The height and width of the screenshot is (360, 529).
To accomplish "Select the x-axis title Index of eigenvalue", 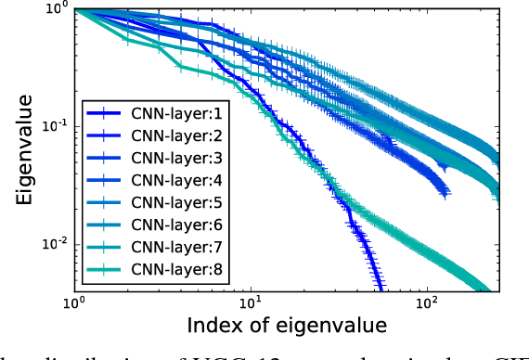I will coord(287,326).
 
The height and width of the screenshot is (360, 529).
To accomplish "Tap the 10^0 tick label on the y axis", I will coord(54,10).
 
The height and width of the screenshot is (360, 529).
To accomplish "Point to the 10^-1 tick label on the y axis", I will coord(51,127).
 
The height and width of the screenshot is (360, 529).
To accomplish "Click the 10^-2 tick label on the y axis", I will coord(51,244).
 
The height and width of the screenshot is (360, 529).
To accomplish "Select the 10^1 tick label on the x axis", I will coord(251,303).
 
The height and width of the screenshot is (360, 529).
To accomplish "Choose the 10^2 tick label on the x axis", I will coord(427,303).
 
